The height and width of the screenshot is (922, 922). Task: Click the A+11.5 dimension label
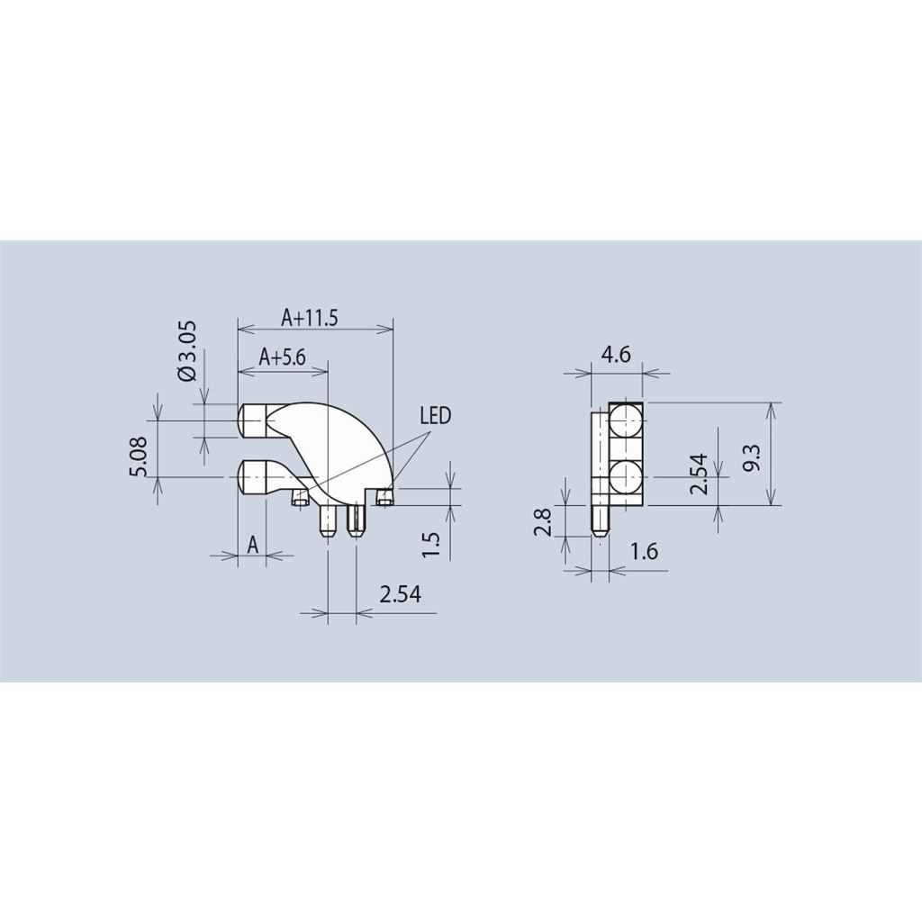tap(310, 318)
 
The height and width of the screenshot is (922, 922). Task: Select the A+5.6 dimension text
tap(283, 357)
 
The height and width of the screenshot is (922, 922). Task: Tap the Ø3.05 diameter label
tap(187, 351)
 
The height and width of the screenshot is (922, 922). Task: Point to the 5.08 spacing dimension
tap(141, 456)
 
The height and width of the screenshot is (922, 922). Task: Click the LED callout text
tap(435, 416)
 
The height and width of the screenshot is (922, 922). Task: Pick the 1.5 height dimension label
tap(431, 545)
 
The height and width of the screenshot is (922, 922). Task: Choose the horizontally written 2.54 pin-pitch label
tap(401, 594)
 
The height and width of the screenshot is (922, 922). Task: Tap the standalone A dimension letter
tap(252, 545)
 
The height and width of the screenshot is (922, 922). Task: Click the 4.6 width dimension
tap(616, 355)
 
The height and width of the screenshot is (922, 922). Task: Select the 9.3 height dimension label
tap(752, 456)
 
